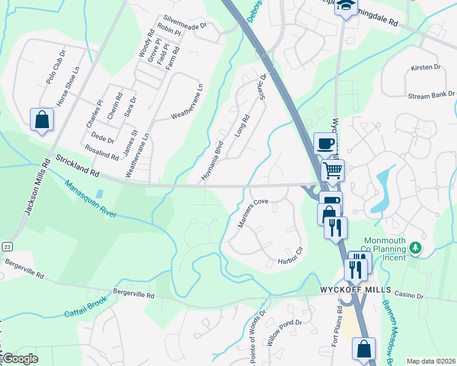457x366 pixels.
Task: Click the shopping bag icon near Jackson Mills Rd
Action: (42, 119)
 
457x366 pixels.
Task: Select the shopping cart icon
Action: (332, 170)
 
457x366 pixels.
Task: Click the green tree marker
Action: (415, 248)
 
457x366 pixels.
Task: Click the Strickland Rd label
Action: (77, 166)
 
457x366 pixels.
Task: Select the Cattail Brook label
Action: (86, 306)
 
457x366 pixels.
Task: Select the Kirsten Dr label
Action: (426, 67)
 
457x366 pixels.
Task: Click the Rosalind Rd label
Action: (102, 156)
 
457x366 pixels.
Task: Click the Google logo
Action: (20, 359)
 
